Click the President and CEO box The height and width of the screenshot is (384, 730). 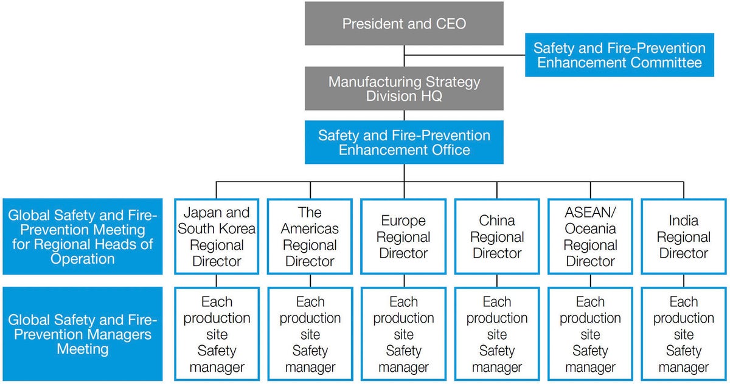(x=404, y=24)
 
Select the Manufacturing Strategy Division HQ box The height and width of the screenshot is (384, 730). (x=404, y=89)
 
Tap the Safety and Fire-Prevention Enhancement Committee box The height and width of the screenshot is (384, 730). (x=619, y=55)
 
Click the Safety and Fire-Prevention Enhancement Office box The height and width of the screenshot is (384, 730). (x=404, y=142)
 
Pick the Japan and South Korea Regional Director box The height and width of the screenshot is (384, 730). (x=217, y=237)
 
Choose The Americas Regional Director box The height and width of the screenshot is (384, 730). (x=310, y=237)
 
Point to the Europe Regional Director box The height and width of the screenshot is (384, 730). (x=404, y=237)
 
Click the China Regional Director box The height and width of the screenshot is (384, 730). (x=497, y=237)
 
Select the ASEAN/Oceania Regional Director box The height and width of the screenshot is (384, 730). (x=590, y=237)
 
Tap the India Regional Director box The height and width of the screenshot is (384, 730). (x=684, y=237)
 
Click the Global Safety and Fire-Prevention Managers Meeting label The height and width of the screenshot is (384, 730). (x=83, y=334)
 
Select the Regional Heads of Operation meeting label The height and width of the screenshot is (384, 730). (x=83, y=237)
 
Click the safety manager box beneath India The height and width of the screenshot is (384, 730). (x=684, y=334)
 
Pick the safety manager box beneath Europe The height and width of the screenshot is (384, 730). (x=404, y=334)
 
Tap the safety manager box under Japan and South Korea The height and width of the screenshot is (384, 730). (x=217, y=334)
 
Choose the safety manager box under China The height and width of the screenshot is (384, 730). (x=497, y=334)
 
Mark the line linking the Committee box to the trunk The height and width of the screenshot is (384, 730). (x=465, y=55)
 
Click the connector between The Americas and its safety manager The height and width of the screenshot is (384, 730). (x=310, y=281)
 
